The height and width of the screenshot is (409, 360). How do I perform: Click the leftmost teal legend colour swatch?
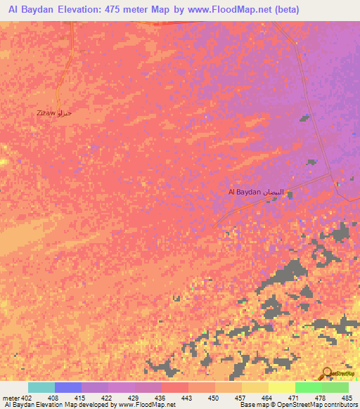41,387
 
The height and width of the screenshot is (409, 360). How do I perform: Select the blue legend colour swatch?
67,387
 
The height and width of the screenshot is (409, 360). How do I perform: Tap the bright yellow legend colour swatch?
281,387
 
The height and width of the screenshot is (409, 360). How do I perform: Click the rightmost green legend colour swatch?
335,387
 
